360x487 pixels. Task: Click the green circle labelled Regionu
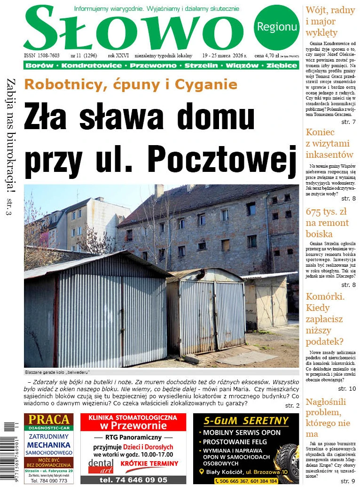277,27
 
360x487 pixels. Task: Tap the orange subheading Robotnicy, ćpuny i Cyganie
131,85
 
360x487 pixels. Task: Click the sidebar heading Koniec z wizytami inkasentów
329,143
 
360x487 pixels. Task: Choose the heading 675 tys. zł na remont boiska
327,223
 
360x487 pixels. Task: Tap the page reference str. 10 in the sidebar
347,388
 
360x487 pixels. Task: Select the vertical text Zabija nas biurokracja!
10,134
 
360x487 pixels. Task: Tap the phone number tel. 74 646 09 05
133,480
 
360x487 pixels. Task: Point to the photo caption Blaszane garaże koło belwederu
57,372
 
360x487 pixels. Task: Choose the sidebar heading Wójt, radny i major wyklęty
324,22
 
